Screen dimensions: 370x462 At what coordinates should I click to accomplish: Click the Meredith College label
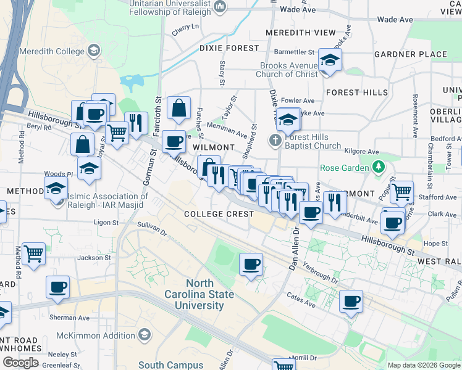[52, 50]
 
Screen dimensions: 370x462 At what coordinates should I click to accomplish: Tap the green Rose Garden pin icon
[379, 167]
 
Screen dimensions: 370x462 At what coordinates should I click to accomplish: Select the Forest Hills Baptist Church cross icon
[275, 141]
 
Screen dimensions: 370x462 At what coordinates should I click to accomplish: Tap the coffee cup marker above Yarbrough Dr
[251, 265]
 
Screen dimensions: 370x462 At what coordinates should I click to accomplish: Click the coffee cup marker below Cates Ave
[351, 302]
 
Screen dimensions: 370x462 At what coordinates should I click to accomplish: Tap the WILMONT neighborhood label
[214, 148]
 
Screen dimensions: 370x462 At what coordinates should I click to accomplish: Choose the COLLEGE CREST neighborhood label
[219, 214]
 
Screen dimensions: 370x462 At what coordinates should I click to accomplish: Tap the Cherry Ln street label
[186, 27]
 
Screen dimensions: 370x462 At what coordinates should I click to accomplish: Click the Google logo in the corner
[20, 363]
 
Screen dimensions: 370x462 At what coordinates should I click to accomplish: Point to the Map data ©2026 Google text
[423, 365]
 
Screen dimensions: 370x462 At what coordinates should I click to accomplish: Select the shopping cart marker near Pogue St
[401, 192]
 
